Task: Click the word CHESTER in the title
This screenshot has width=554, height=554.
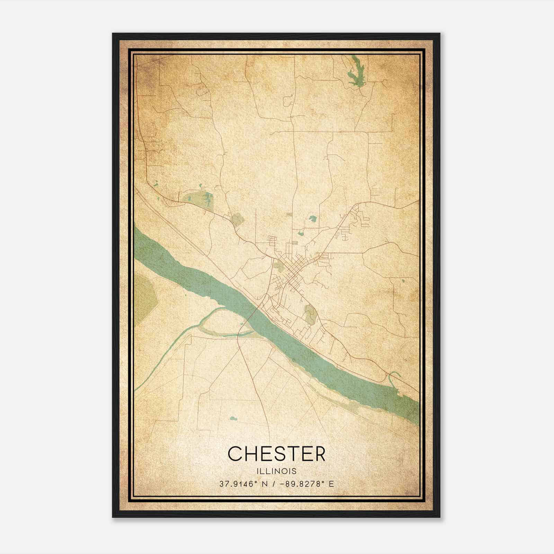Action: [277, 454]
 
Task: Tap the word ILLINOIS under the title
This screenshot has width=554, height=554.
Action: [277, 471]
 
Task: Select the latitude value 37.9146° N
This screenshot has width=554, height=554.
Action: [242, 484]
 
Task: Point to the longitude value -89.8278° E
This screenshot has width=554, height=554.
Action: [306, 484]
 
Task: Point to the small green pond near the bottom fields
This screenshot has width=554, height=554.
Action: [234, 418]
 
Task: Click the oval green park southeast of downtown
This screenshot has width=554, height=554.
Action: [309, 313]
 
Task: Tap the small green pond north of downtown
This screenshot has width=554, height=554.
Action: [313, 219]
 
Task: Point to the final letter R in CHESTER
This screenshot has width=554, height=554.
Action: [319, 454]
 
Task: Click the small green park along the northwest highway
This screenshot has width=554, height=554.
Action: [237, 219]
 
